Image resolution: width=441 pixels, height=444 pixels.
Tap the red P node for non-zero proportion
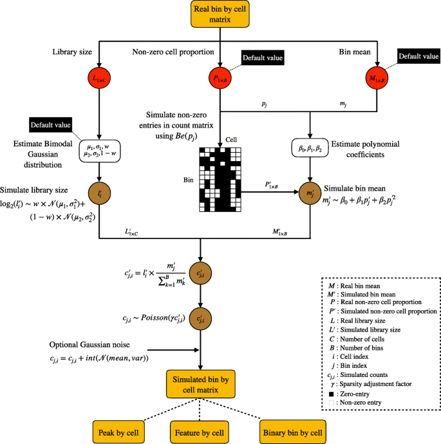(221, 79)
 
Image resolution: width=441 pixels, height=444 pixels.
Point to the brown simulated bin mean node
(310, 193)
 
